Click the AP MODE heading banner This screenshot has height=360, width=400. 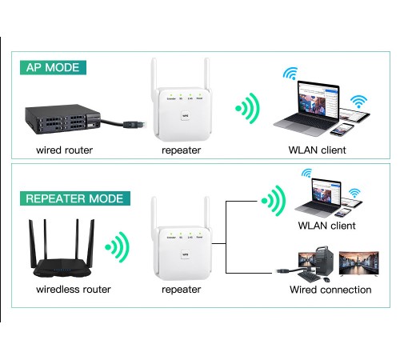pos(53,68)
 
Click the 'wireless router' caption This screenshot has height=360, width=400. pos(74,289)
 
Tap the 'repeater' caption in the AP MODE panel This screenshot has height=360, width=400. pos(181,150)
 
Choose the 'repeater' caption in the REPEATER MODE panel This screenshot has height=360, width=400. pos(181,289)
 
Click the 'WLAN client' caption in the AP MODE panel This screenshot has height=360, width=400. pos(317,150)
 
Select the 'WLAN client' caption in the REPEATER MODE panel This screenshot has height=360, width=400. pos(326,226)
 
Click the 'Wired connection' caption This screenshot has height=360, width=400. pos(330,289)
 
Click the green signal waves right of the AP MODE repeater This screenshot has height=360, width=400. pos(249,110)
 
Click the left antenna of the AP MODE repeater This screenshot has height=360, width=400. pos(155,76)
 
